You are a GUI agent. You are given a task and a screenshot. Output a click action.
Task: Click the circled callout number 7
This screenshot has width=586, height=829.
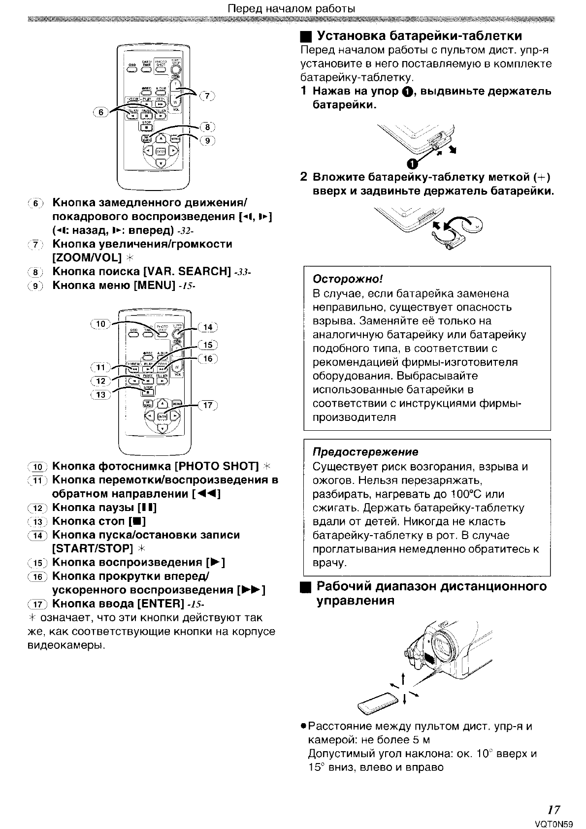coord(208,96)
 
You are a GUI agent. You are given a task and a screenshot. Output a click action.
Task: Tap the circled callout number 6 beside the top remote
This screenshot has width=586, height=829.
coord(101,112)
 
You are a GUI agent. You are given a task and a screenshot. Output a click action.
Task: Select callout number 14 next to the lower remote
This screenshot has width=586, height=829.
coord(207,327)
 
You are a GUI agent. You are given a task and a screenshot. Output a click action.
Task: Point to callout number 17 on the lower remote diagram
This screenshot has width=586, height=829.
coord(207,405)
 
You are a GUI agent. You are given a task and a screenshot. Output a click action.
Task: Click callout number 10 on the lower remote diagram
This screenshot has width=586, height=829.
coord(100,323)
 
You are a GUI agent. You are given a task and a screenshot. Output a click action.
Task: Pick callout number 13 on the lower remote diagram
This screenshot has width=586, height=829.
coord(100,394)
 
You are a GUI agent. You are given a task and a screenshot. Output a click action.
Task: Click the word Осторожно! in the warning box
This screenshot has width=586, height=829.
coord(348,279)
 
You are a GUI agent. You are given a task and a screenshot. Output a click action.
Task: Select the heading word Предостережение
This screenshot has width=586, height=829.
coord(365,452)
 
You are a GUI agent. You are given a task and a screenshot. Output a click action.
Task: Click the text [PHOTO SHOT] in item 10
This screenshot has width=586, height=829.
coord(217,466)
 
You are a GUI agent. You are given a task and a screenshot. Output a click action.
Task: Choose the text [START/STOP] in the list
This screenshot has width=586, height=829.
coord(93,548)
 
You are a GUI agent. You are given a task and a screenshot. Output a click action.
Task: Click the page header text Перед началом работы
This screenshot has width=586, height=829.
coord(292,9)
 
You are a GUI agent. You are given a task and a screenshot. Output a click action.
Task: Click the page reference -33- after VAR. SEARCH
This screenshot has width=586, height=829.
coord(243,272)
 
